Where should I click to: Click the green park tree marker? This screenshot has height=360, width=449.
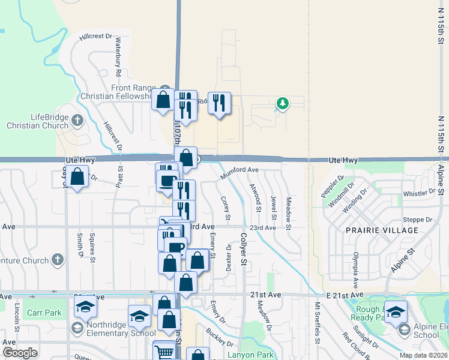282,104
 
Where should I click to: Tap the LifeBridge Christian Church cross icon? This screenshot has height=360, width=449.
77,121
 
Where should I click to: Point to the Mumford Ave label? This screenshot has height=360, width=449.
239,171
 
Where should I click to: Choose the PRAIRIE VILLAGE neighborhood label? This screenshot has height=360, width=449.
381,230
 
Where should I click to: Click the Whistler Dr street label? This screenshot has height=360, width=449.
418,193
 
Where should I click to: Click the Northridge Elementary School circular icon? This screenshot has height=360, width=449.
77,328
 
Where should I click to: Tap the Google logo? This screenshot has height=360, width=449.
20,353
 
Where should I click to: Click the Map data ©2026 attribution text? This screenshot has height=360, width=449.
423,355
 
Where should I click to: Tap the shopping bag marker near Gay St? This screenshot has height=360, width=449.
77,178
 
